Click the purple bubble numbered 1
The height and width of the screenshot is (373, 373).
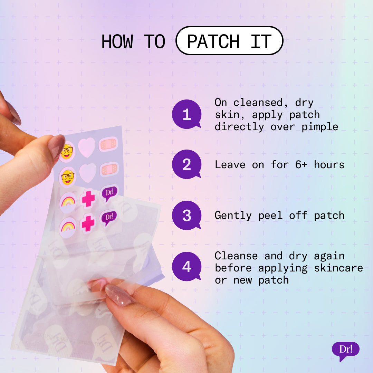[x=186, y=114]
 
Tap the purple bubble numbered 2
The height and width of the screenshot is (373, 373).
[x=186, y=164]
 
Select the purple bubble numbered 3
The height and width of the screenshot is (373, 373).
[x=186, y=216]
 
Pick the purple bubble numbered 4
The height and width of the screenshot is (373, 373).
[x=186, y=267]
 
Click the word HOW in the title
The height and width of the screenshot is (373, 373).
[x=117, y=41]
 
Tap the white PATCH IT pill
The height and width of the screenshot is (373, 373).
[x=229, y=41]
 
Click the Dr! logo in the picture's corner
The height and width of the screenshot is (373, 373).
[x=345, y=350]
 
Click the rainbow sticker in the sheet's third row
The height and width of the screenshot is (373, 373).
[x=68, y=201]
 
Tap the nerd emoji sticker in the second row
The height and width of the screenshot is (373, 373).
[x=68, y=177]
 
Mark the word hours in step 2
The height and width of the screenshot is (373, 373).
[x=329, y=165]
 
